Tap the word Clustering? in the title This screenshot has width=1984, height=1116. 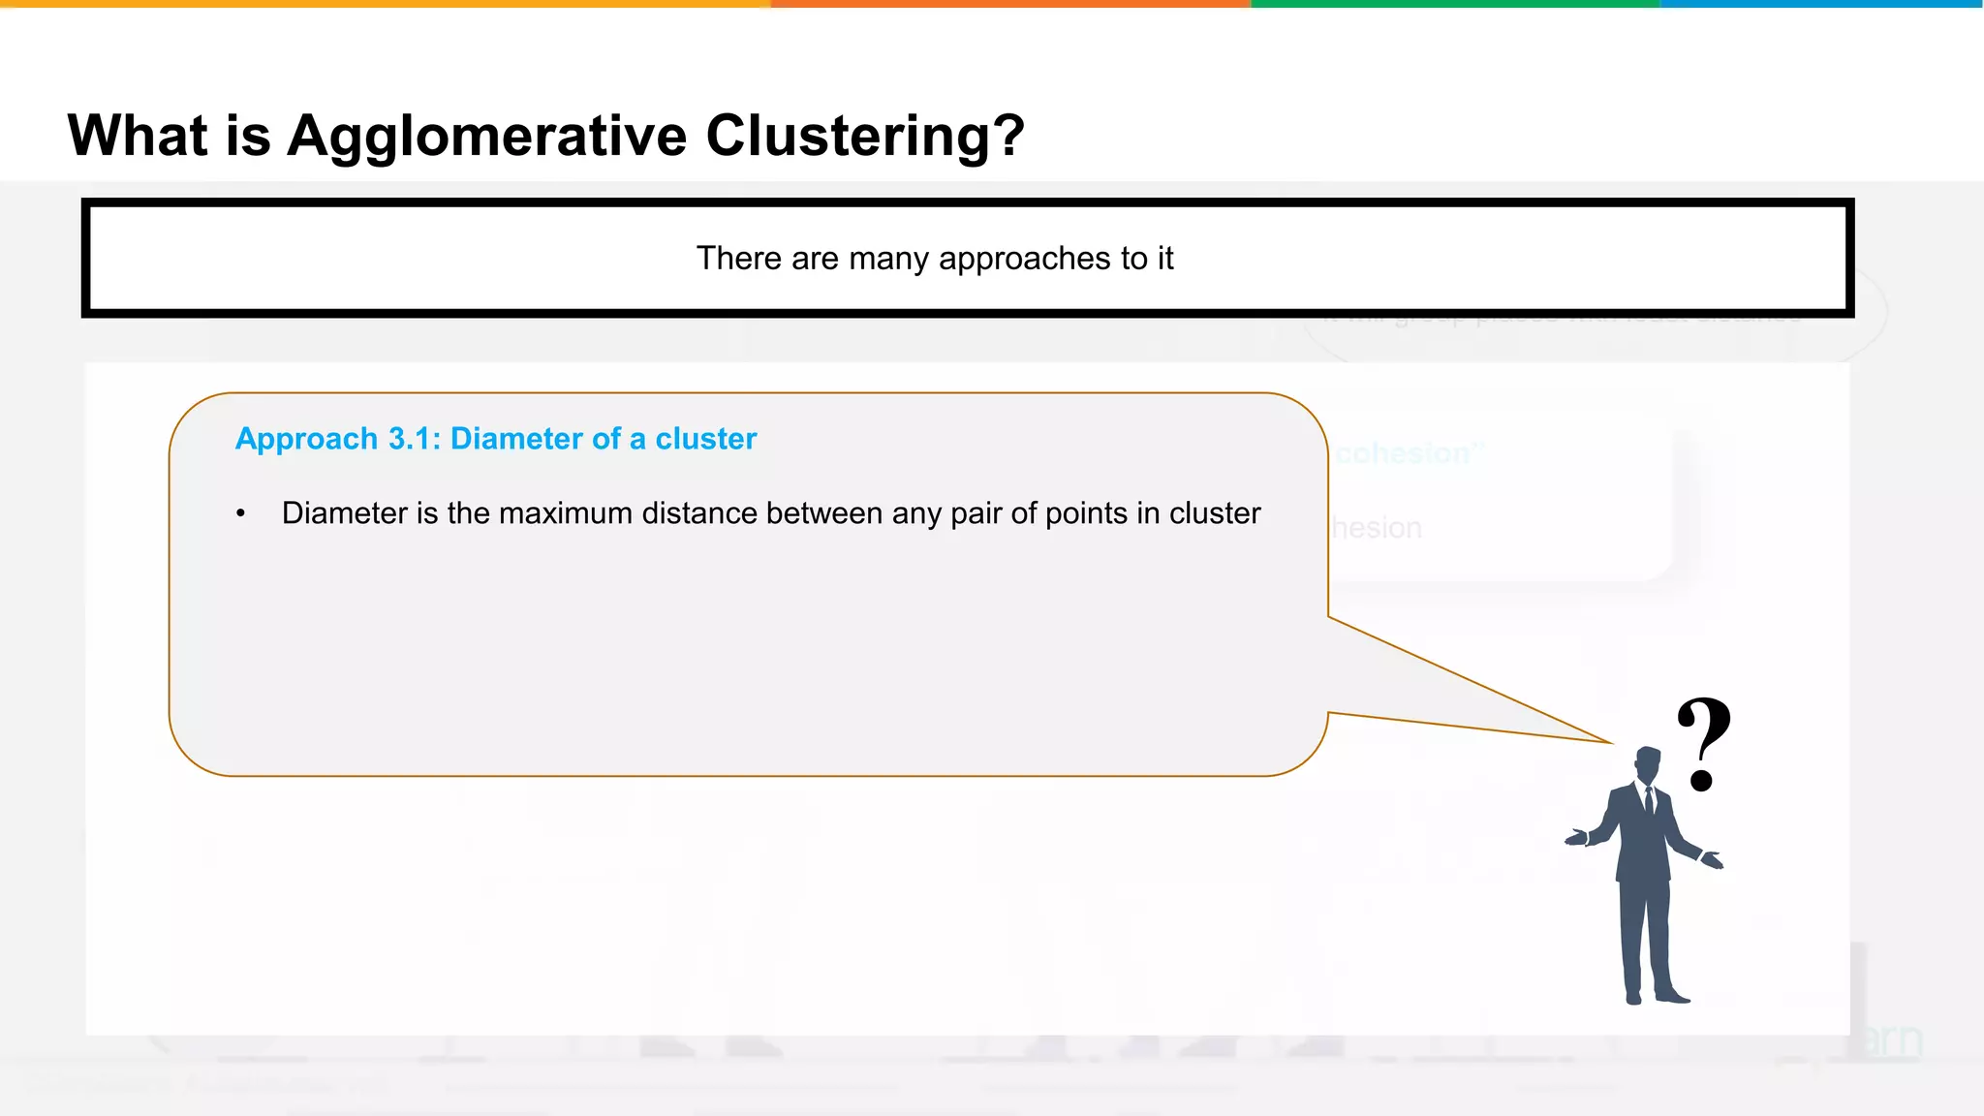[864, 136]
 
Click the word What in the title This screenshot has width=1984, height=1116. [138, 136]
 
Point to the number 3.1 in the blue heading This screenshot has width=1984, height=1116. [414, 439]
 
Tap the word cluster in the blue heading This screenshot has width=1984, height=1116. [705, 439]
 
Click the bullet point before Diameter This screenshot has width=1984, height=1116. [241, 514]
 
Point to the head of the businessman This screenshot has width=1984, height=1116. [1647, 763]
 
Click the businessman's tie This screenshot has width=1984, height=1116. [1650, 801]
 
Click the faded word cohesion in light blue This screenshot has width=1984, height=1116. [1403, 453]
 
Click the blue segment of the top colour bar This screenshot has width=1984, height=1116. [1821, 4]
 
